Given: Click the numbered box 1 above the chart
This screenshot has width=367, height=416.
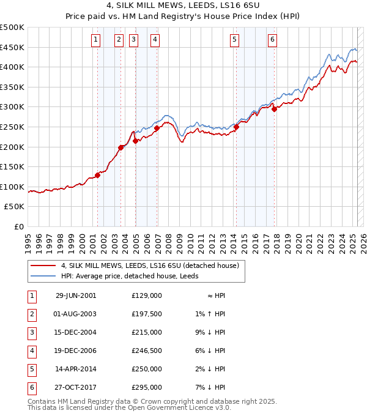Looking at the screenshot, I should tap(96, 40).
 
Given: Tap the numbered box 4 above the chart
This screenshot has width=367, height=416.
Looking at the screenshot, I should tap(155, 40).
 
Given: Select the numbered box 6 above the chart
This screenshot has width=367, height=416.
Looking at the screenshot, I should tap(272, 40).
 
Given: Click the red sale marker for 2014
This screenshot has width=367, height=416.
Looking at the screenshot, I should tap(236, 127).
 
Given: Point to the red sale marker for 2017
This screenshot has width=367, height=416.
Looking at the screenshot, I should tap(275, 109).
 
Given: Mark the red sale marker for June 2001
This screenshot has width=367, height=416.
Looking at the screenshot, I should tap(98, 175).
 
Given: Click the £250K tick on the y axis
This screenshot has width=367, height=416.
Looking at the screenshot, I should tap(12, 127).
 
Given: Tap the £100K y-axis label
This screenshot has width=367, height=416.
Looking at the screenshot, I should tap(12, 187).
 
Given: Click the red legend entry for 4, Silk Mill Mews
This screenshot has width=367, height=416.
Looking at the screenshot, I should tap(153, 266).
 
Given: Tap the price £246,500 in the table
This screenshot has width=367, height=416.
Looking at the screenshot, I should tap(146, 351).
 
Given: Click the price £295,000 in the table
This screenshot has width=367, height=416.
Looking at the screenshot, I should tap(146, 387).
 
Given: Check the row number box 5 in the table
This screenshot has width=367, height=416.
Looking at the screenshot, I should tap(31, 369).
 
